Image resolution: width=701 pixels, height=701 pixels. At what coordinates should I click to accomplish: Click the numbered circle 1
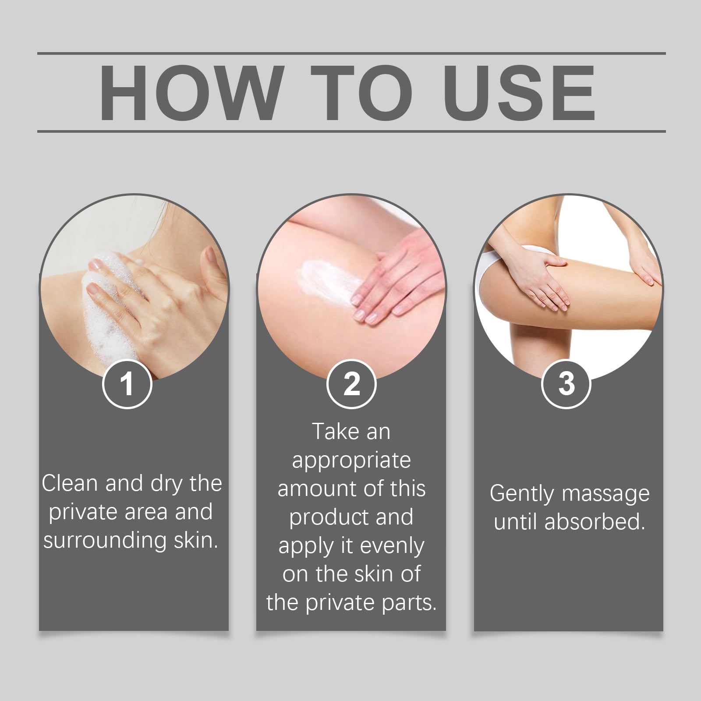click(x=127, y=384)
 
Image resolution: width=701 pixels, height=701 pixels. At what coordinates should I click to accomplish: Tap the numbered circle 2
click(x=351, y=384)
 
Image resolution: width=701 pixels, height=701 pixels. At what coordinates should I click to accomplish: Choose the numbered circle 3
click(x=566, y=384)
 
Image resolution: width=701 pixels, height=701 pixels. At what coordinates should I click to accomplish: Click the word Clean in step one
click(x=70, y=483)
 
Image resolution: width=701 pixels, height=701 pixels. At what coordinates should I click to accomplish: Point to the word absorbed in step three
click(x=595, y=522)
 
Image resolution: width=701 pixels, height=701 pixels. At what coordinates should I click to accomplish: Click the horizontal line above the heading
click(x=351, y=53)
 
